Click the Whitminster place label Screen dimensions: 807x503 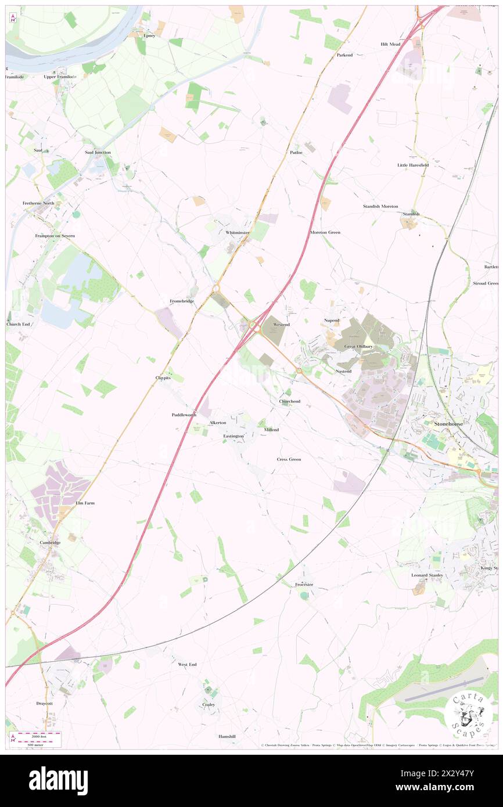click(x=238, y=232)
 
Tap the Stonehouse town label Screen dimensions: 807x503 click(x=451, y=424)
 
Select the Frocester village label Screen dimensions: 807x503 click(x=304, y=584)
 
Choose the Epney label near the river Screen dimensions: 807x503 click(x=150, y=35)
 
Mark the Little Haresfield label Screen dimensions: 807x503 click(x=413, y=165)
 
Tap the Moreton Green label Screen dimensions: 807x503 click(x=325, y=232)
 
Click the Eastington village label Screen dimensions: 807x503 click(x=233, y=436)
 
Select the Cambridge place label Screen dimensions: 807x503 click(x=50, y=543)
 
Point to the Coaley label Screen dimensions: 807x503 click(x=209, y=705)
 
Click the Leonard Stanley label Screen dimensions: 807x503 click(x=427, y=575)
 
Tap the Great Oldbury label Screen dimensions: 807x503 click(x=358, y=347)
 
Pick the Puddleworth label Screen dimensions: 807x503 click(x=184, y=415)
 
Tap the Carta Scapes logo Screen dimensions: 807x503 click(x=467, y=714)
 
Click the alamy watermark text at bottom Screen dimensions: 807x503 click(x=58, y=781)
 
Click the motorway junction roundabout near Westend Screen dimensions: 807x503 click(x=255, y=327)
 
